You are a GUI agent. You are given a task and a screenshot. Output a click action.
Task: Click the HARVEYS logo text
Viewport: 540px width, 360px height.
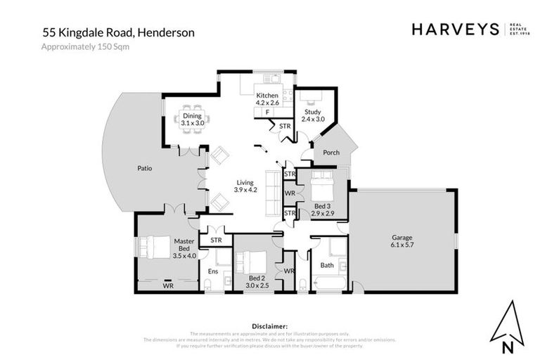click(x=454, y=30)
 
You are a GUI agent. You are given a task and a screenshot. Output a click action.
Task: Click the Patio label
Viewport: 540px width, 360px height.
click(x=145, y=169)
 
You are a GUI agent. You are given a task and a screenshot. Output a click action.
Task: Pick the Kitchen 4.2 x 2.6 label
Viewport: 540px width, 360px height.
click(x=267, y=99)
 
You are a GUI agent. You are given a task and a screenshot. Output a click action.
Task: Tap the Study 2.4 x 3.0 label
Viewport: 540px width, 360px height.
click(x=313, y=115)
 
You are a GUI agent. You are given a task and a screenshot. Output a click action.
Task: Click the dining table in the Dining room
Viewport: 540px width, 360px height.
click(x=191, y=119)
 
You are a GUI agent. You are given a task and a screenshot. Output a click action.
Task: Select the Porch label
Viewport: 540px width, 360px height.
click(x=331, y=153)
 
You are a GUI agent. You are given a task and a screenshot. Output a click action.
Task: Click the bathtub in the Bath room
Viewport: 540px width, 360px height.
click(x=328, y=285)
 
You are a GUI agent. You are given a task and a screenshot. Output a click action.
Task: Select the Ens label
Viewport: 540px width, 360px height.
click(x=212, y=271)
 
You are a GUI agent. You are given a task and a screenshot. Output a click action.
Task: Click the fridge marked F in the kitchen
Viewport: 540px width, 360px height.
click(x=267, y=112)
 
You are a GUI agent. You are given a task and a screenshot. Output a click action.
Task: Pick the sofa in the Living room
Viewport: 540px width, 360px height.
click(x=271, y=193)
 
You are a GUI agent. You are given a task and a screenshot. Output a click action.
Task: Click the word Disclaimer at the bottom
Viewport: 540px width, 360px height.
click(x=269, y=326)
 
